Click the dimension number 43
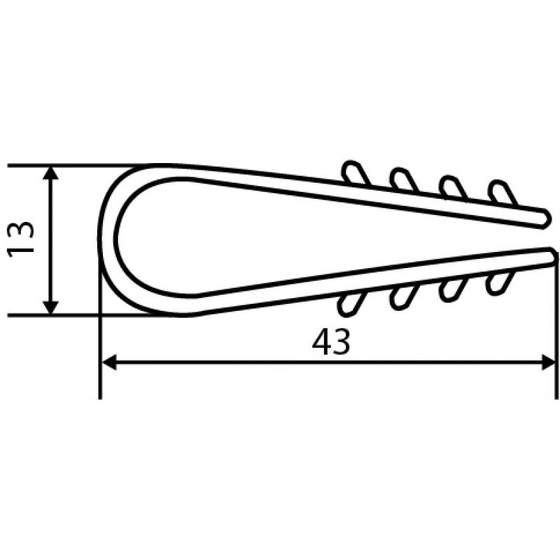[x=331, y=342]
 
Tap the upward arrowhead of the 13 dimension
[x=51, y=172]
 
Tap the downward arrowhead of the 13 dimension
[x=51, y=308]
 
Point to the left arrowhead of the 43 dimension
[x=109, y=362]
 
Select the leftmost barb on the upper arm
[x=356, y=173]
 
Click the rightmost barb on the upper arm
[x=503, y=193]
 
